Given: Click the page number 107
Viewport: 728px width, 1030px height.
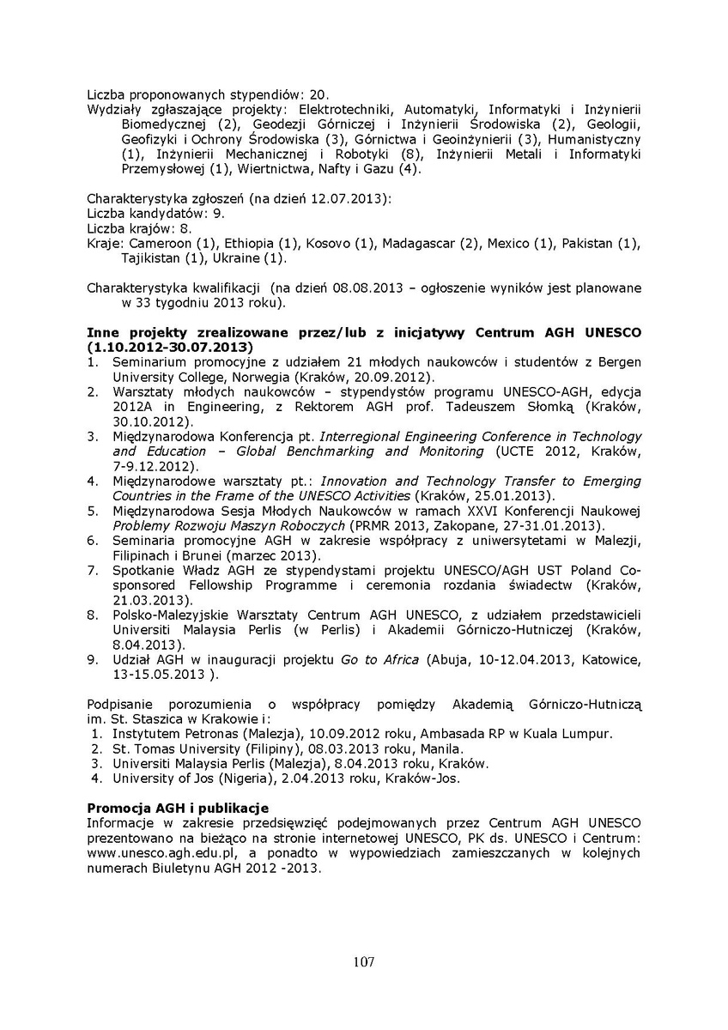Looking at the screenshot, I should click(363, 962).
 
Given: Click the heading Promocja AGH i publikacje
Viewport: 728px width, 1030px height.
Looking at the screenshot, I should click(179, 809).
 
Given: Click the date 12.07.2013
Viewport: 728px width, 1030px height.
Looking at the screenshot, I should click(354, 199).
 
